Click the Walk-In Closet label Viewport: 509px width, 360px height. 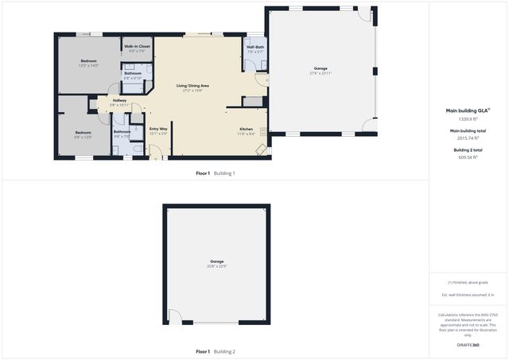point(137,47)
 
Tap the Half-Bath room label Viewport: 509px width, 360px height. point(255,48)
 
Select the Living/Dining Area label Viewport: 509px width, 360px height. point(192,86)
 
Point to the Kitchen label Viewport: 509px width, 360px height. point(246,130)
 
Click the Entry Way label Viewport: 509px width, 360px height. point(158,129)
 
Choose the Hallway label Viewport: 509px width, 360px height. point(119,101)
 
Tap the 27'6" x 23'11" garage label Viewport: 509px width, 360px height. point(321,72)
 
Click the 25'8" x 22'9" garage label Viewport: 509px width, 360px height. point(217,261)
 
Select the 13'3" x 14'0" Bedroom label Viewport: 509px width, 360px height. point(88,61)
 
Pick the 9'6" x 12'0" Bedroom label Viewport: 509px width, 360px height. point(84,133)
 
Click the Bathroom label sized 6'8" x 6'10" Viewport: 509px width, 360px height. point(133,74)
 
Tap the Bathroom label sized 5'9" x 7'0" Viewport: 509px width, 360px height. point(122,132)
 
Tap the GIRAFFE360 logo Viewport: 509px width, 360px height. point(468,345)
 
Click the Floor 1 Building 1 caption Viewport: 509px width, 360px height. point(216,172)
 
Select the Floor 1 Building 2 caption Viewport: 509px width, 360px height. point(216,351)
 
